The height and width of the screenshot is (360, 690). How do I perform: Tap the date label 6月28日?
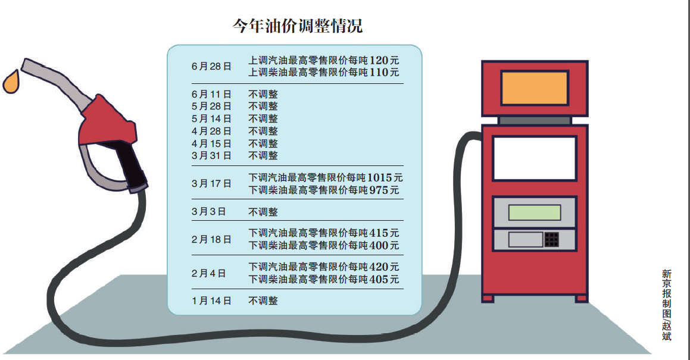pos(211,67)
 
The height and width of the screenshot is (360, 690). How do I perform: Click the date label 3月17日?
pos(211,184)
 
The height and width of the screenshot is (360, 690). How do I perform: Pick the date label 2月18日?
pos(211,239)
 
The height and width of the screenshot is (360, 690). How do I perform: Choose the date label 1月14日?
pos(211,301)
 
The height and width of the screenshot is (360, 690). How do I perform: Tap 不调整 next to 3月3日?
pos(263,212)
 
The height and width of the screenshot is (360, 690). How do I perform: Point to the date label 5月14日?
pos(211,118)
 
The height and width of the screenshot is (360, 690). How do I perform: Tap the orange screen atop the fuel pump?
pos(534,88)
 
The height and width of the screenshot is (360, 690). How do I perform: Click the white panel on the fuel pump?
pos(534,158)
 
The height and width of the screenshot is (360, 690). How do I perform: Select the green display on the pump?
pos(534,212)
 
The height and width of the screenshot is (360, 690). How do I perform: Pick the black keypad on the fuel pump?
pos(551,239)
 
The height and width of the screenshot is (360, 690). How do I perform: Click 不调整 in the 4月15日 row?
pos(263,143)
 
